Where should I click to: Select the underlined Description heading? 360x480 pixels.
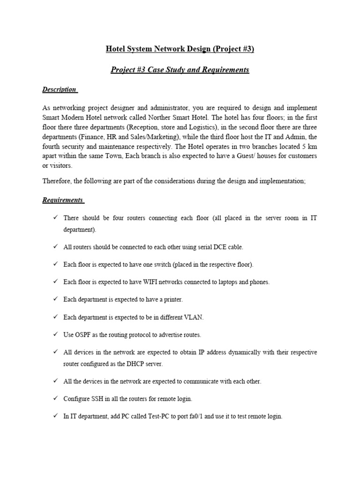[59, 90]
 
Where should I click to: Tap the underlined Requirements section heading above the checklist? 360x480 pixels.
[62, 200]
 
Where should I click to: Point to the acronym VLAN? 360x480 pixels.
[194, 317]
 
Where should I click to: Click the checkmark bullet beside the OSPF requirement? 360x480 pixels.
[55, 335]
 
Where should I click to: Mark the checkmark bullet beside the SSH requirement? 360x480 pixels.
[55, 398]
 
